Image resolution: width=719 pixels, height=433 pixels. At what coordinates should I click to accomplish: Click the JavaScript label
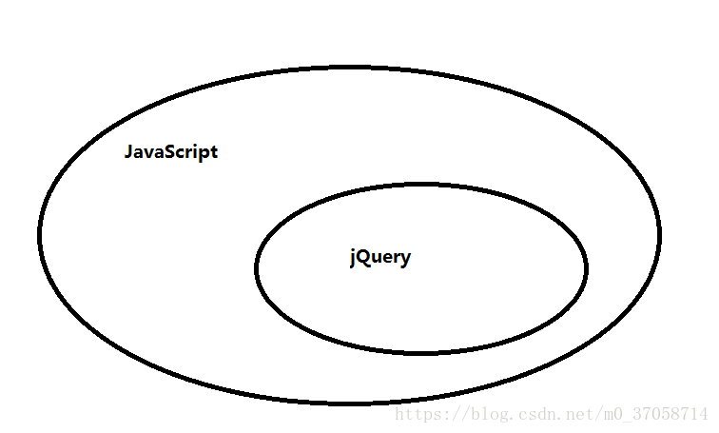(x=171, y=152)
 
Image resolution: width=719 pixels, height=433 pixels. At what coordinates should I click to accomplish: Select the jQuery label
(x=380, y=258)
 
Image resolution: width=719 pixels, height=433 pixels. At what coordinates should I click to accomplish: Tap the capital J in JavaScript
(x=129, y=152)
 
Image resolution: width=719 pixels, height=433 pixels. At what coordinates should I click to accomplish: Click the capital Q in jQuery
(x=364, y=257)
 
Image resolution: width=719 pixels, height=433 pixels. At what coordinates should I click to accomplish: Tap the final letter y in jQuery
(x=406, y=260)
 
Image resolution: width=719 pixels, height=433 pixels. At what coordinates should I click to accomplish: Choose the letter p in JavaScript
(x=204, y=154)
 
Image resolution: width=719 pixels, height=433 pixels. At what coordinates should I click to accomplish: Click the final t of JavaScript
(x=214, y=152)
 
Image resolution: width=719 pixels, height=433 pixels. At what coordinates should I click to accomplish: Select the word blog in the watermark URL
(x=479, y=415)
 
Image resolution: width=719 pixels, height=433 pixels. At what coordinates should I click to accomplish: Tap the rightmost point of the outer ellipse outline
(x=658, y=233)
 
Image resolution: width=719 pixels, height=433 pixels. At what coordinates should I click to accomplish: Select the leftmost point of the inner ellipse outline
(x=257, y=268)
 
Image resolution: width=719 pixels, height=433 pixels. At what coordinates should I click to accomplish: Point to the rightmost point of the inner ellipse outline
(x=586, y=268)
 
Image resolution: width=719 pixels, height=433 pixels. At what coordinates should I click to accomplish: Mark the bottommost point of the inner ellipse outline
(x=421, y=352)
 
